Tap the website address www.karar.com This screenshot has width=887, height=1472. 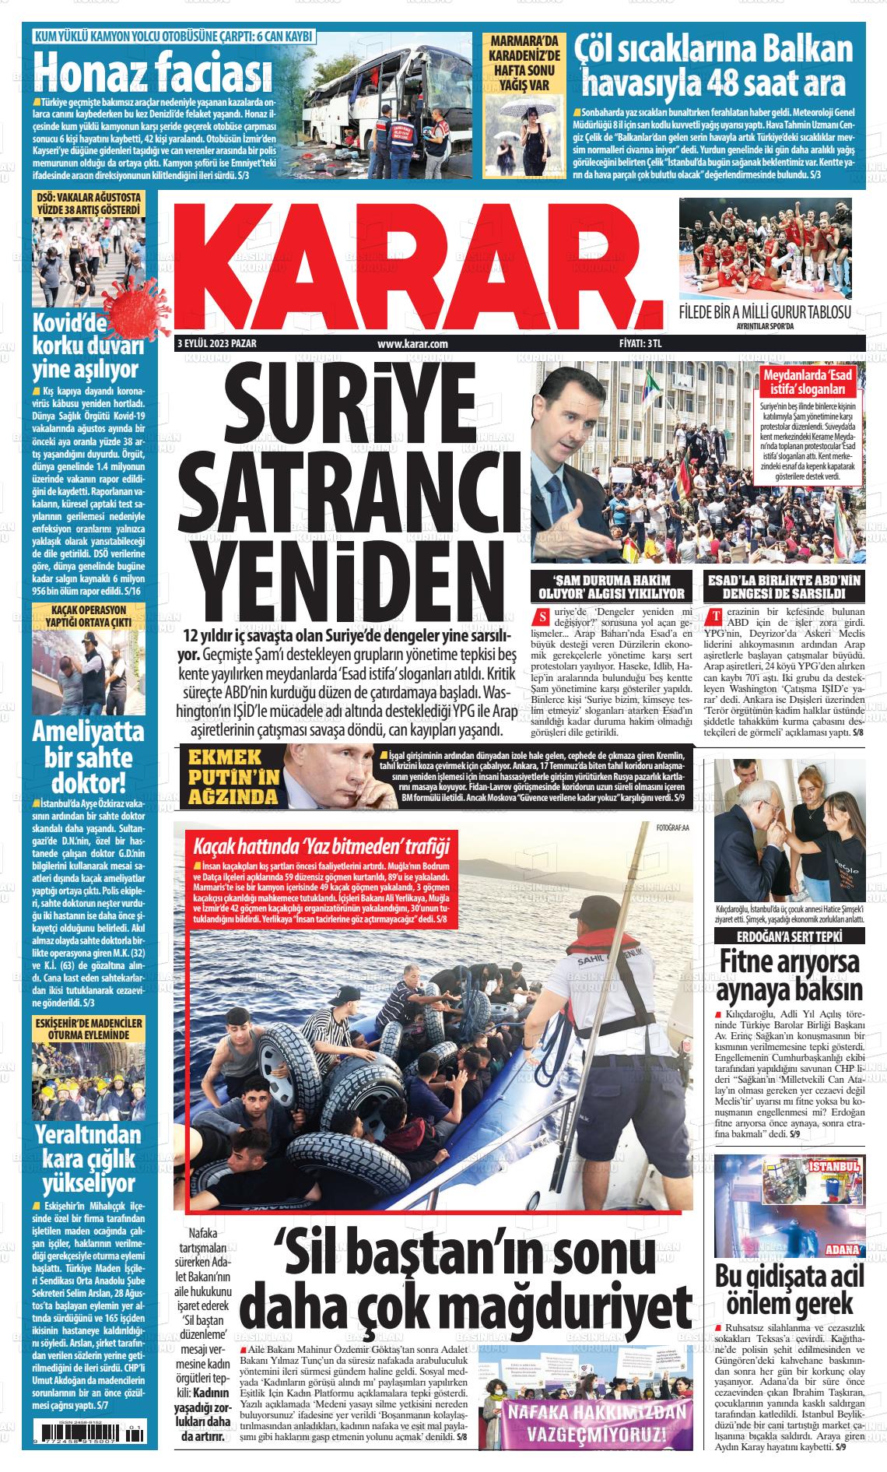click(412, 344)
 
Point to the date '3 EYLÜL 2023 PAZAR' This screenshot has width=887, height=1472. click(217, 344)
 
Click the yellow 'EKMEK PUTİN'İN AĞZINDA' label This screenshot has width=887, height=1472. click(231, 775)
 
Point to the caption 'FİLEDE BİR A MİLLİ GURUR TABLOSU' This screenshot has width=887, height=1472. click(765, 313)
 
